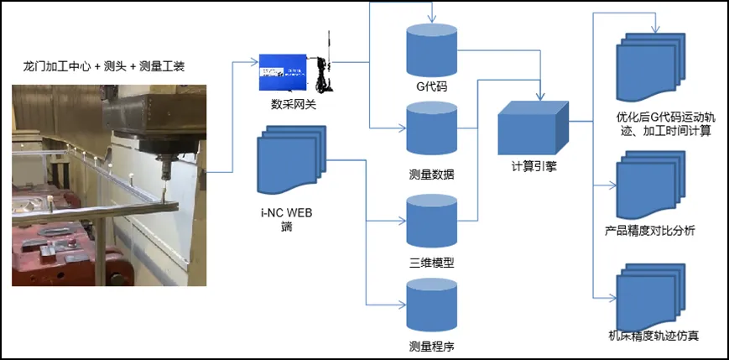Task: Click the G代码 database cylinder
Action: click(432, 50)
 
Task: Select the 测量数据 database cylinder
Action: click(432, 128)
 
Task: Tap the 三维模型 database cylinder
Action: click(432, 221)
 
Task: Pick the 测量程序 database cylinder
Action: click(432, 305)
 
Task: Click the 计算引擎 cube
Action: click(534, 128)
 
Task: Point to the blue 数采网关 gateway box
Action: click(284, 72)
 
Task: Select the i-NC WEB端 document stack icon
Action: click(291, 159)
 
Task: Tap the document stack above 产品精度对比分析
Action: click(651, 185)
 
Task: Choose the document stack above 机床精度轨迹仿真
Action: click(651, 298)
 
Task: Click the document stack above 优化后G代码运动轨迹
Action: click(651, 67)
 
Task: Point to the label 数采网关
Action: click(294, 105)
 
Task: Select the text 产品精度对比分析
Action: click(650, 231)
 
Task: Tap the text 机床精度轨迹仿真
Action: click(653, 336)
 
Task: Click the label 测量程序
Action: click(431, 347)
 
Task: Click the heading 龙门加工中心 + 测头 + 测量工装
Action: click(104, 66)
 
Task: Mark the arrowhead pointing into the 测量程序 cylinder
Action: click(402, 305)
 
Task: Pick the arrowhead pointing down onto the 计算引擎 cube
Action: click(539, 97)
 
